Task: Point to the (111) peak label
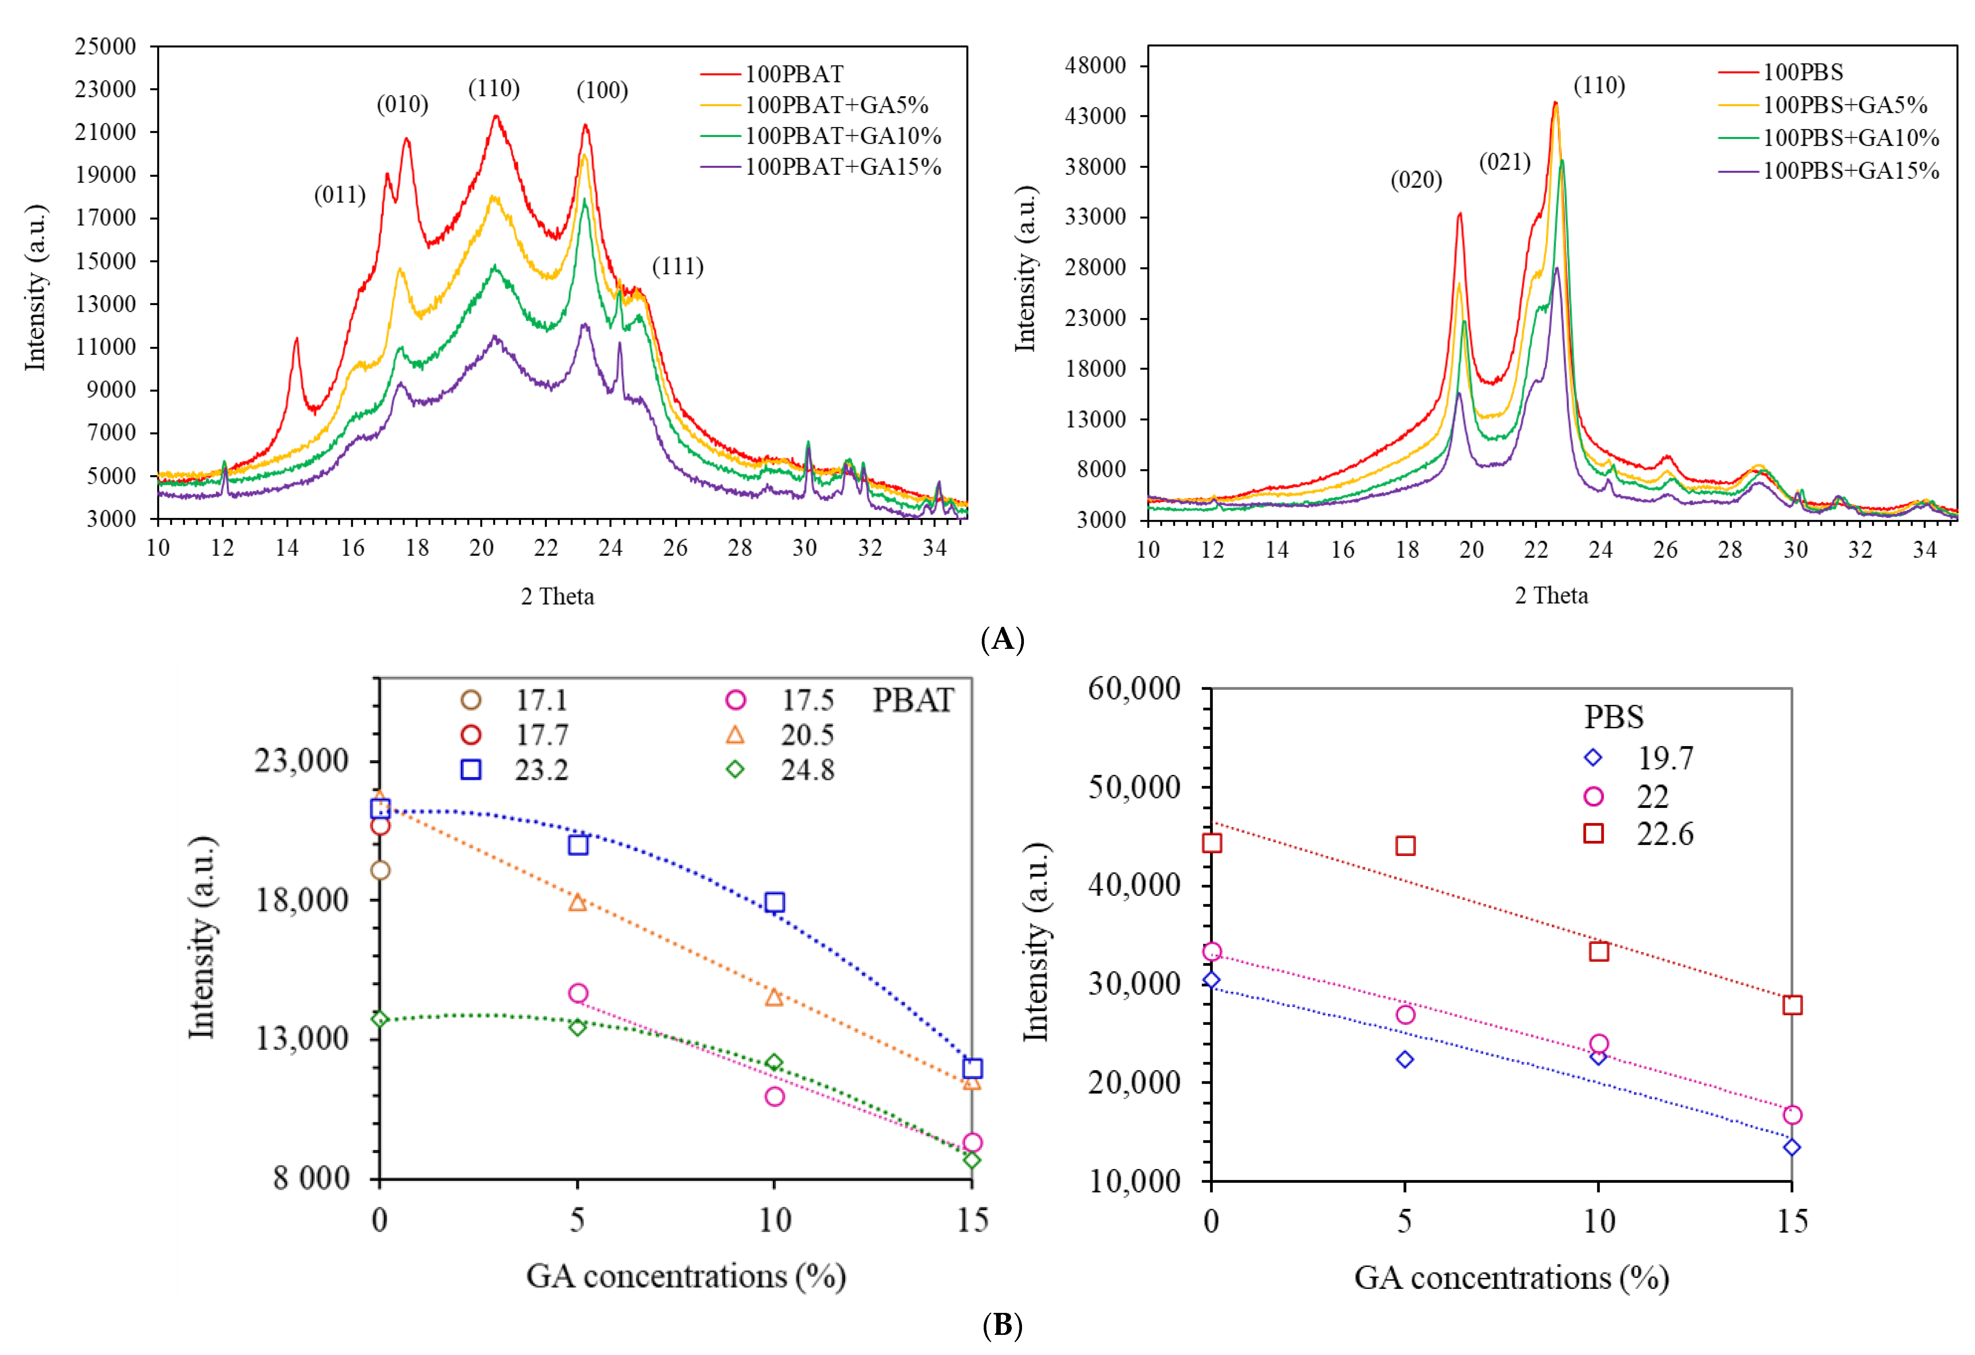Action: pyautogui.click(x=677, y=267)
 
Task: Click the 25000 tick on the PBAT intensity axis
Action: pyautogui.click(x=105, y=46)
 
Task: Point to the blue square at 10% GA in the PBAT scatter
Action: pyautogui.click(x=774, y=902)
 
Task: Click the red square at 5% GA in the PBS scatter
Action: pyautogui.click(x=1406, y=846)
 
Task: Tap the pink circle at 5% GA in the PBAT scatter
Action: pyautogui.click(x=578, y=993)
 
